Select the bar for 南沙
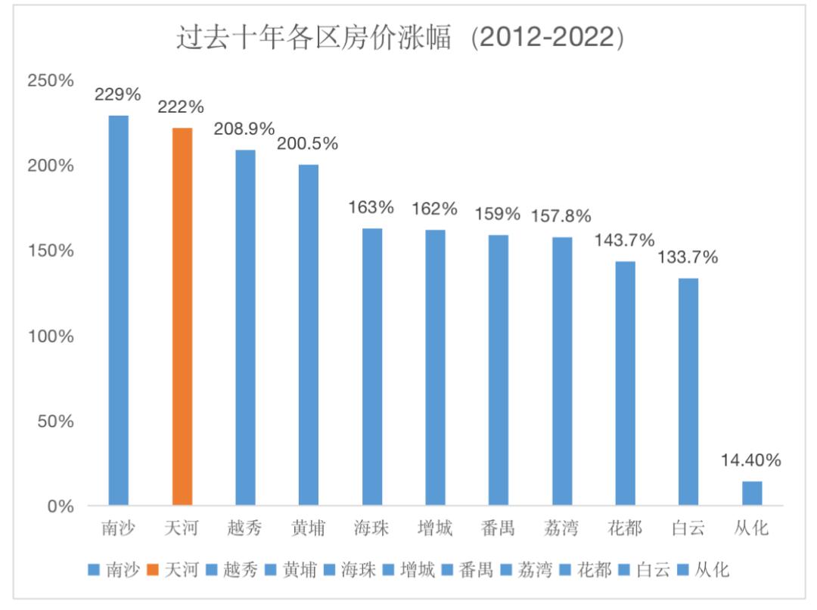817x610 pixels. pyautogui.click(x=119, y=310)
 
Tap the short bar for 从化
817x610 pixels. pyautogui.click(x=752, y=493)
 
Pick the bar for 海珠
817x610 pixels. pyautogui.click(x=372, y=367)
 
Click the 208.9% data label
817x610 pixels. pyautogui.click(x=245, y=129)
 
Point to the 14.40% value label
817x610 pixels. pyautogui.click(x=751, y=460)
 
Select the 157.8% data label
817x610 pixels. pyautogui.click(x=561, y=216)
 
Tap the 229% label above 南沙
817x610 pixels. pyautogui.click(x=118, y=94)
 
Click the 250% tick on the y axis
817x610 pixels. pyautogui.click(x=51, y=80)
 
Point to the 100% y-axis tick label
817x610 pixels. pyautogui.click(x=51, y=336)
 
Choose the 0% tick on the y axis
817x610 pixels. pyautogui.click(x=61, y=506)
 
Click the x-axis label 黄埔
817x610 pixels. pyautogui.click(x=309, y=528)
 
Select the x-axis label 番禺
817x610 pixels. pyautogui.click(x=498, y=528)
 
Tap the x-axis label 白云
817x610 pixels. pyautogui.click(x=688, y=528)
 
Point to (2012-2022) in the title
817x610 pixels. pyautogui.click(x=547, y=38)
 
